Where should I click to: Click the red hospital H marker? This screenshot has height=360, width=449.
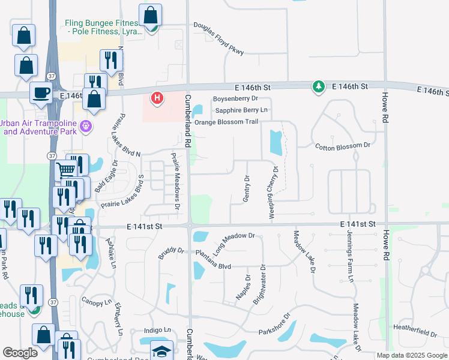[157, 97]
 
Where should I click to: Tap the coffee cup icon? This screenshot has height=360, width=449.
[41, 92]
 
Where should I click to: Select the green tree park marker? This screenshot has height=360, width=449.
[318, 87]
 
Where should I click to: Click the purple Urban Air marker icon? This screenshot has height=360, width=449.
[86, 126]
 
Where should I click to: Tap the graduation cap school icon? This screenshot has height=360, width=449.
[161, 351]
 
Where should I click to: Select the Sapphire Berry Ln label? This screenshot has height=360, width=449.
[241, 110]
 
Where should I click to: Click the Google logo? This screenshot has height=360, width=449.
[20, 352]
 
